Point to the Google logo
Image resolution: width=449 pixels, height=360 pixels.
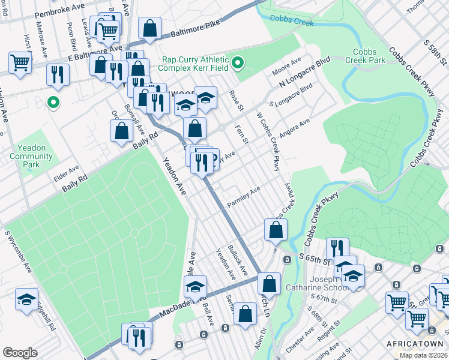click(20, 353)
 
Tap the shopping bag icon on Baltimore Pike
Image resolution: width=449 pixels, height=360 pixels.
click(149, 28)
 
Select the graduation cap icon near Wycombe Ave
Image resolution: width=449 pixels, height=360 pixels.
click(26, 299)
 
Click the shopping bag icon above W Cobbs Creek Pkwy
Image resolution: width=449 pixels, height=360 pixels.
click(276, 229)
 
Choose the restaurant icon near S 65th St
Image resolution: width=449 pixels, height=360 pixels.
click(337, 248)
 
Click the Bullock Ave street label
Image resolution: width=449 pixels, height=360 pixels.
click(237, 259)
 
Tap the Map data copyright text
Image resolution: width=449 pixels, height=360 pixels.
click(423, 355)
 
